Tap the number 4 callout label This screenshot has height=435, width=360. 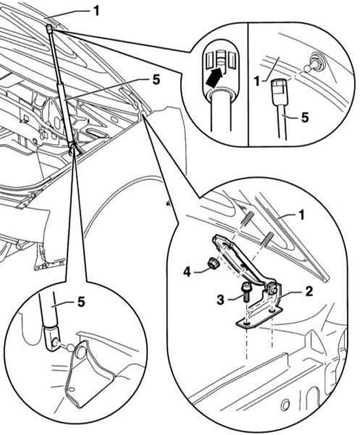point(187,272)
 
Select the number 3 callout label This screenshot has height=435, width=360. point(221,299)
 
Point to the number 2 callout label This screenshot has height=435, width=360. point(309,291)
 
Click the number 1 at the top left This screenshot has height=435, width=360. point(96,11)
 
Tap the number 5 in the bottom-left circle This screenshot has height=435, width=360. point(81,302)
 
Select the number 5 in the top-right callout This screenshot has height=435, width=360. point(304,118)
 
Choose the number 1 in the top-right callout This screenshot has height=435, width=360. point(257,82)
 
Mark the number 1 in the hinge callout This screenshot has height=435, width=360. point(301,216)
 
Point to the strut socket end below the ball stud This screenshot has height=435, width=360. point(279,90)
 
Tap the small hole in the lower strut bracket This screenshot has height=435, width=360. point(71,390)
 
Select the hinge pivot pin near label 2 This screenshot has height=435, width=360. point(272,290)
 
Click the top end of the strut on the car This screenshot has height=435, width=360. point(49,28)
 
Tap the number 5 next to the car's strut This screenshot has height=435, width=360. point(156,80)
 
